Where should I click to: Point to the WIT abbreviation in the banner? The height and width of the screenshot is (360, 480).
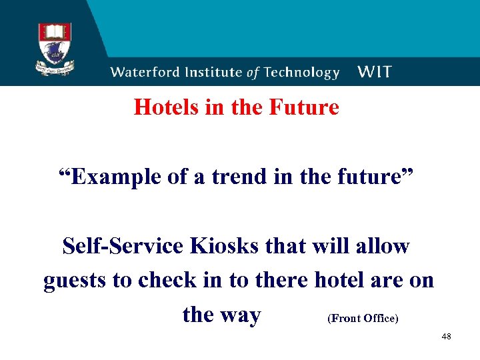(374, 73)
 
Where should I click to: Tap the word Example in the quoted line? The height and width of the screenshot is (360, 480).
(105, 178)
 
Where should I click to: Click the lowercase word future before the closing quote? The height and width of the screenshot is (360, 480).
(373, 178)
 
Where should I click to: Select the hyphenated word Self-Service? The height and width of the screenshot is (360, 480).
(123, 247)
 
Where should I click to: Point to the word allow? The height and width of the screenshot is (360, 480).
(379, 247)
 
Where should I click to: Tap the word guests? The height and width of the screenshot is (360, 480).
(75, 281)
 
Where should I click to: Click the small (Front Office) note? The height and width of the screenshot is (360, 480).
(363, 319)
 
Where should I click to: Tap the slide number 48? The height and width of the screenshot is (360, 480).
(446, 337)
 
